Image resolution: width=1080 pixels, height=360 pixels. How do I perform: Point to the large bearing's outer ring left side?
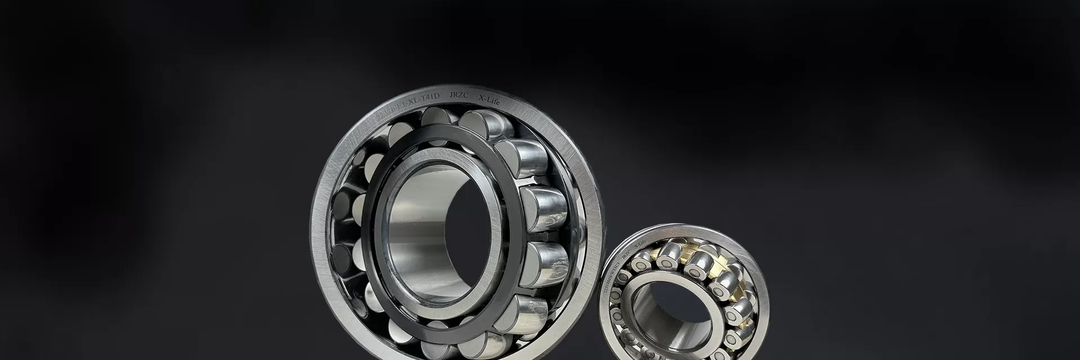pyautogui.click(x=322, y=225)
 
